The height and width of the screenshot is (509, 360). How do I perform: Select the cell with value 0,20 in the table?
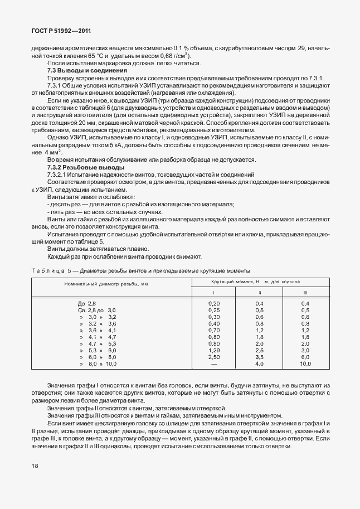coord(213,302)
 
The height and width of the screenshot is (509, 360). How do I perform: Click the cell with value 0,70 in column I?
coord(213,330)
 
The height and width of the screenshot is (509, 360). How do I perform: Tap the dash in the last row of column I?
coord(213,363)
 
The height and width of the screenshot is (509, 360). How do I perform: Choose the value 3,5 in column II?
coord(259,357)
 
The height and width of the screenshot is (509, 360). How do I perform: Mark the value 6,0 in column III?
coord(305,357)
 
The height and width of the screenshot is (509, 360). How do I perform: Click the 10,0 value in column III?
coord(305,363)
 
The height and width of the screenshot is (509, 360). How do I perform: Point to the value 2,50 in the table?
coord(213,357)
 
